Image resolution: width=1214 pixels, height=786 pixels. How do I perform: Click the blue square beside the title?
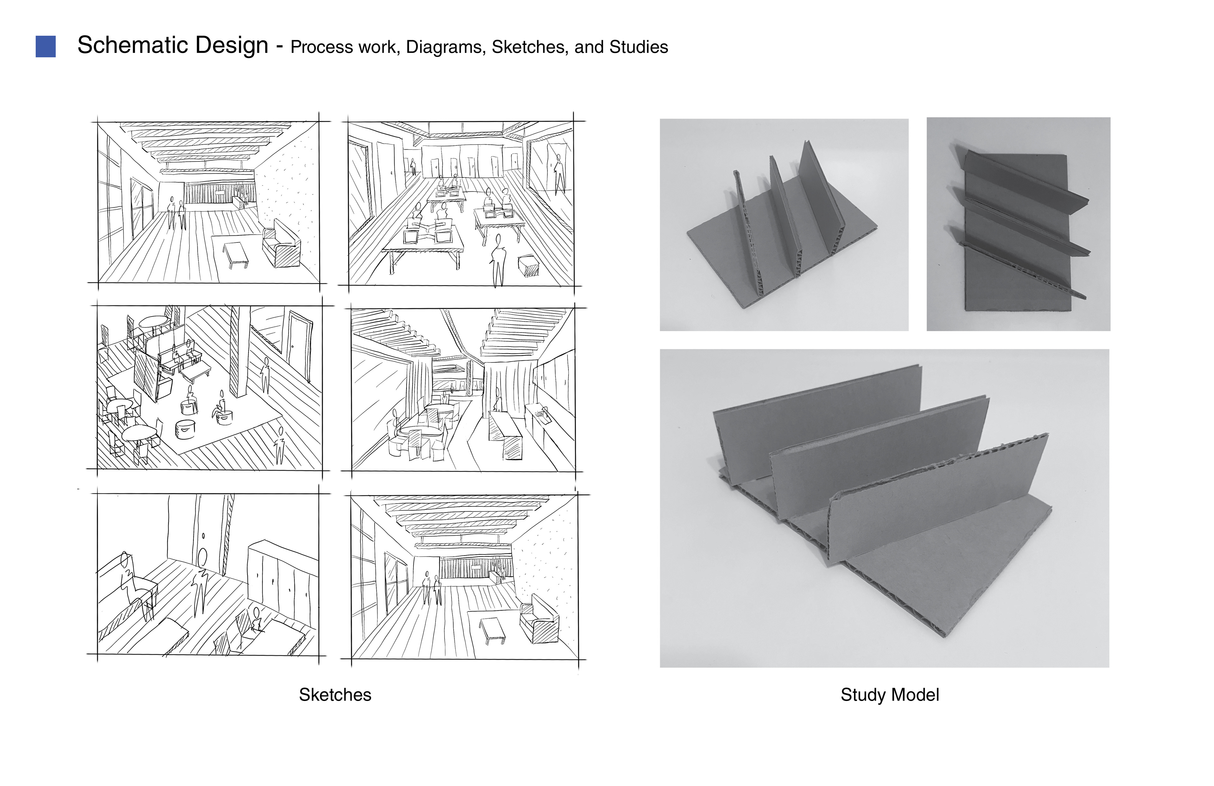pyautogui.click(x=46, y=46)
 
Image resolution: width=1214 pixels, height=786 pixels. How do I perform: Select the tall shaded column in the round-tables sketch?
pyautogui.click(x=237, y=352)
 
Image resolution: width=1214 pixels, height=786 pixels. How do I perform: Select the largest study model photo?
pyautogui.click(x=884, y=508)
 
